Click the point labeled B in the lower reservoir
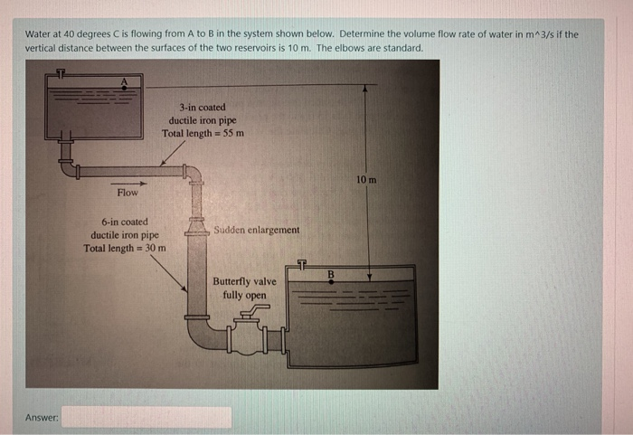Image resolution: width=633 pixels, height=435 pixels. click(x=330, y=280)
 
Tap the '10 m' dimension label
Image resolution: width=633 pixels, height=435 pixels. click(x=366, y=180)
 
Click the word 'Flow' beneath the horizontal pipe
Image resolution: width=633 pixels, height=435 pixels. click(x=128, y=193)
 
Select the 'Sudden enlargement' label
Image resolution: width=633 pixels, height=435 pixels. click(x=257, y=230)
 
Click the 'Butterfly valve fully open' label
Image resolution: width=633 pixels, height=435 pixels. click(x=245, y=288)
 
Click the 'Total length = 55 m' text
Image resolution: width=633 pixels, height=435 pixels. click(x=203, y=133)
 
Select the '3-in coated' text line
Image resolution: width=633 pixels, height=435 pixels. click(x=203, y=106)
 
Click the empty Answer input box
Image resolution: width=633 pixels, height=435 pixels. click(x=146, y=417)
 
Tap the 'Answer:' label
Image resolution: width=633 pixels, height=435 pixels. click(x=43, y=418)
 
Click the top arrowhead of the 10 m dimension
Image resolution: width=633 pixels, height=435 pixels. click(x=365, y=90)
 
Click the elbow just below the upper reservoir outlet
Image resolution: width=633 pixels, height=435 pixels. click(x=69, y=167)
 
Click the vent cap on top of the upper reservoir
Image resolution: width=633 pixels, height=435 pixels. click(x=61, y=71)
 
